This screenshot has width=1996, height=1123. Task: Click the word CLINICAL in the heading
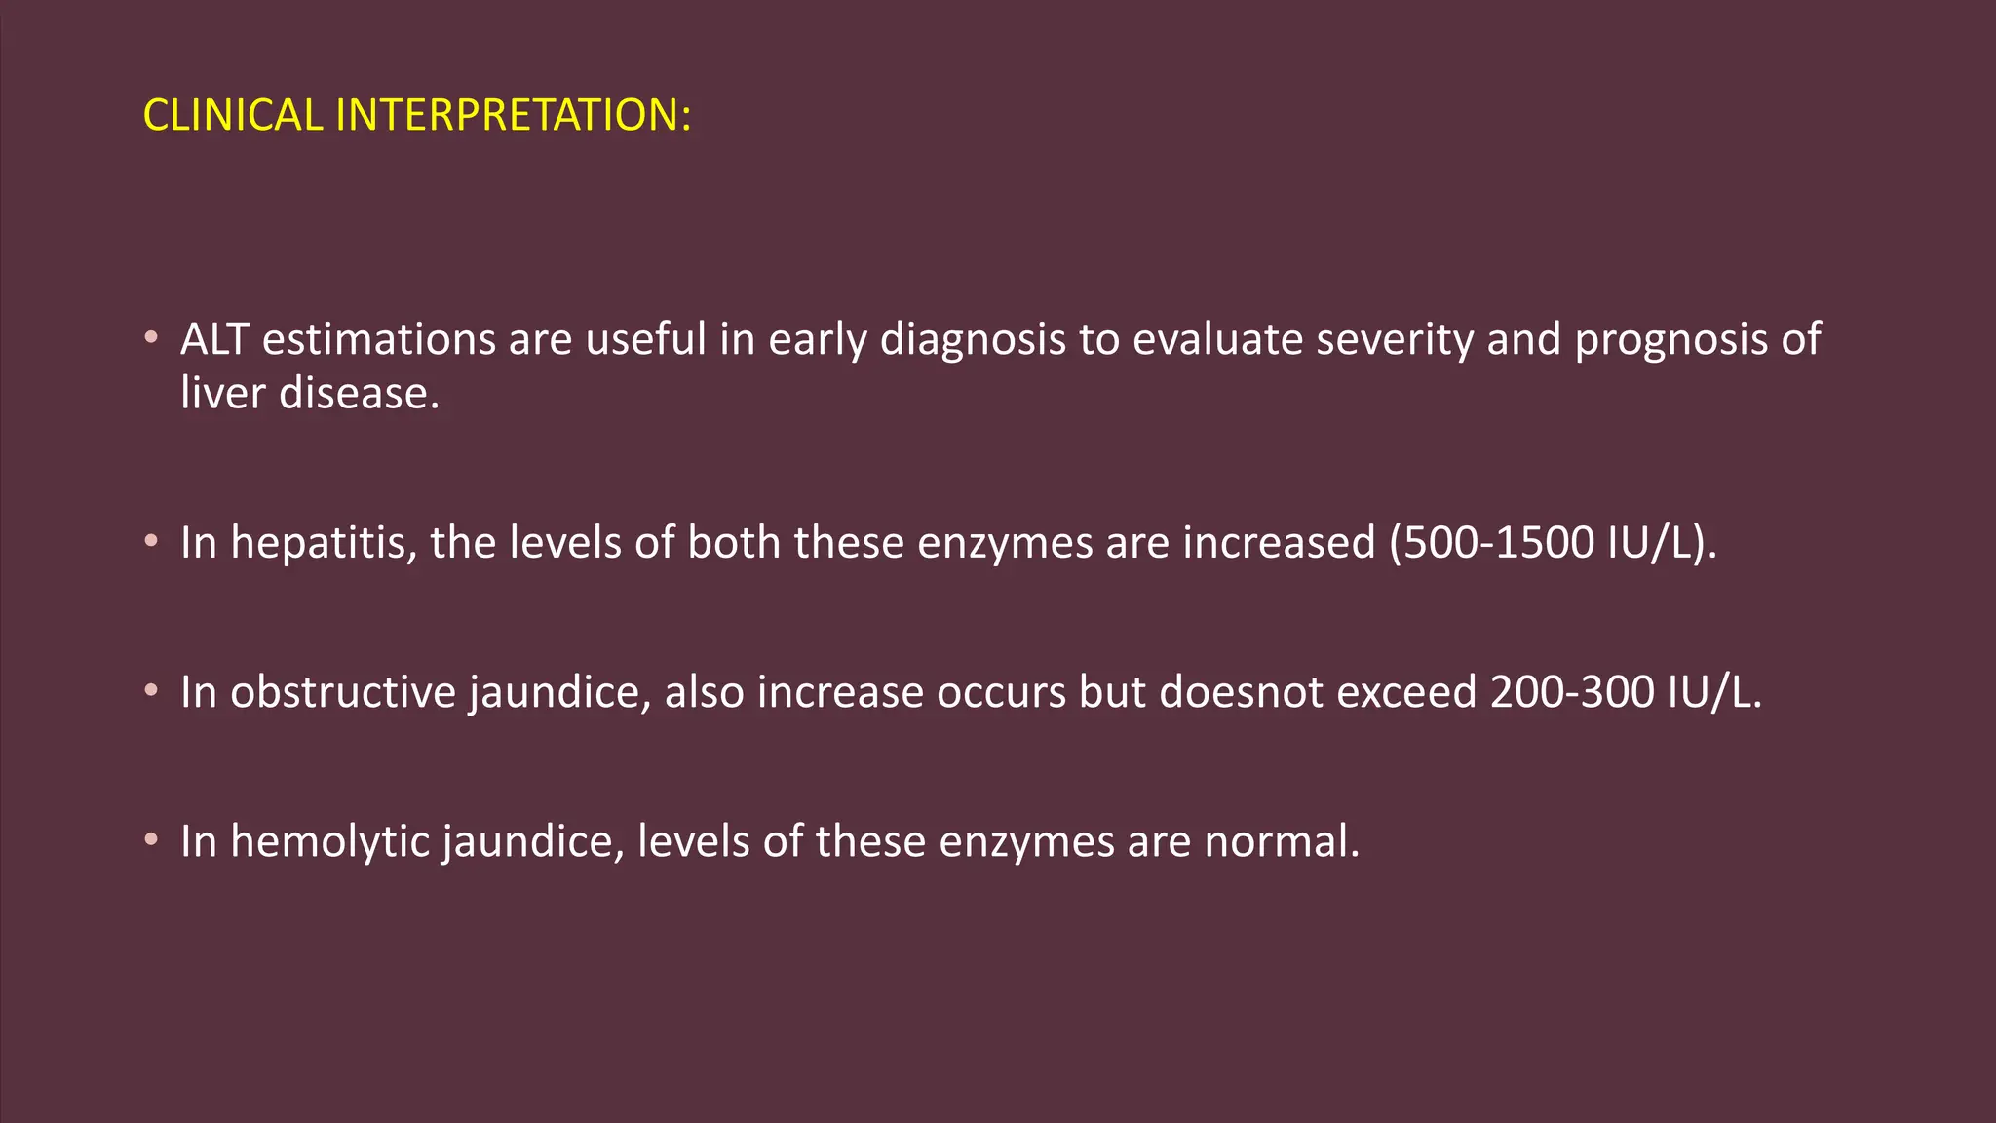coord(232,115)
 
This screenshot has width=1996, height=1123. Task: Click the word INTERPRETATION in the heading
coord(507,115)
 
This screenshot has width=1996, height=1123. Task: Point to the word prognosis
coord(1671,339)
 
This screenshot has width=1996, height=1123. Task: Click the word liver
coord(223,393)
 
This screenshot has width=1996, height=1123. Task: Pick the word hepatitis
coord(326,542)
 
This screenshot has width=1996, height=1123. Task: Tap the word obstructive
coord(343,692)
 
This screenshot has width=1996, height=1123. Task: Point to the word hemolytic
coord(330,841)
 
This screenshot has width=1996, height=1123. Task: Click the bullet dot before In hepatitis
coord(151,541)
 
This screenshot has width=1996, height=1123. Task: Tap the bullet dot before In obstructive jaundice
coord(151,691)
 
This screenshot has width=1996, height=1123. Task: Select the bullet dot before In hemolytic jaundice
coord(151,840)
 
